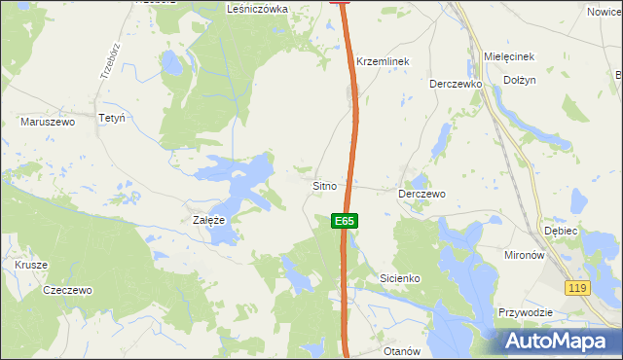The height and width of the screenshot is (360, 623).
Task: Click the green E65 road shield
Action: pyautogui.click(x=344, y=222)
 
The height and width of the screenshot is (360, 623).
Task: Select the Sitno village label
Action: pyautogui.click(x=324, y=185)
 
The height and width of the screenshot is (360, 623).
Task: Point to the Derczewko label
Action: pyautogui.click(x=457, y=84)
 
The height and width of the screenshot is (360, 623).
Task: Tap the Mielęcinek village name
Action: pyautogui.click(x=509, y=57)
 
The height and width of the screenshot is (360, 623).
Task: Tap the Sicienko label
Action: pyautogui.click(x=399, y=278)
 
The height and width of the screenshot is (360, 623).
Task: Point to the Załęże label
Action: pyautogui.click(x=209, y=221)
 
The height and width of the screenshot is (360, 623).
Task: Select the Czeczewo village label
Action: pyautogui.click(x=68, y=290)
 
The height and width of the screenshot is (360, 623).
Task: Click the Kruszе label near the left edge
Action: pyautogui.click(x=31, y=265)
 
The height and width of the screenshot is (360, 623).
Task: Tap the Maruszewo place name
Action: pyautogui.click(x=48, y=123)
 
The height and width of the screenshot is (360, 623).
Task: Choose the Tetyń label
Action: pyautogui.click(x=113, y=118)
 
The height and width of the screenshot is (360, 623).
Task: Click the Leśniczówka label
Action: pyautogui.click(x=257, y=8)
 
